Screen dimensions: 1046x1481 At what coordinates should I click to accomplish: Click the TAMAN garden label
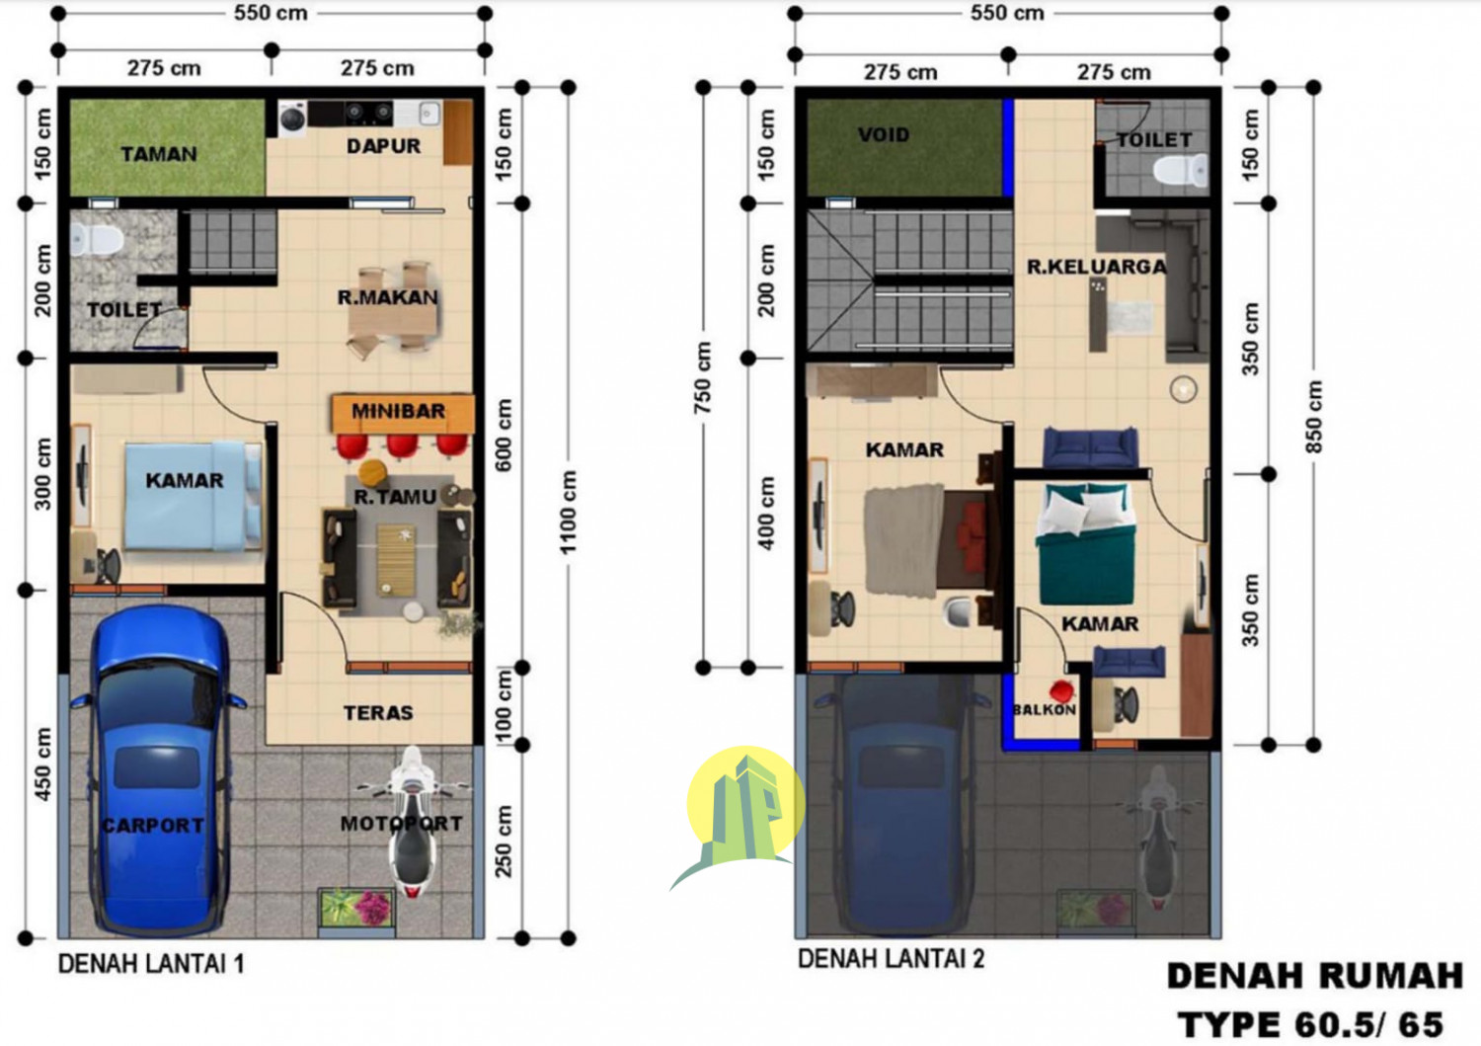(159, 154)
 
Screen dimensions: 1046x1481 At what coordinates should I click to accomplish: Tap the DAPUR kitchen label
(383, 146)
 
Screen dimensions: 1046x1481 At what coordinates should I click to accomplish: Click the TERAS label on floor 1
(378, 712)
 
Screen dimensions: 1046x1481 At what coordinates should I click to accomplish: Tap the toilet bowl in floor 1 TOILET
(97, 238)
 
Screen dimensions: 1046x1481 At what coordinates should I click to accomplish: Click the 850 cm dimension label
(1314, 416)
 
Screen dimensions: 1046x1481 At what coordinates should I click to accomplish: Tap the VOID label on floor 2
(883, 135)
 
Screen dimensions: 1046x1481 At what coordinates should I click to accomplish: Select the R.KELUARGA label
(1096, 267)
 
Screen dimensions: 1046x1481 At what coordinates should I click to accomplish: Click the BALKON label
(1044, 709)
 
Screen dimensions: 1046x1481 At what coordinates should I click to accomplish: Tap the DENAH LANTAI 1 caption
(151, 963)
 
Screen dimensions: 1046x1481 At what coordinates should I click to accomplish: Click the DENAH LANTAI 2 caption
(891, 958)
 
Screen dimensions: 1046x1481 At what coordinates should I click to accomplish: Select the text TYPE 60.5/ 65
(1310, 1024)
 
